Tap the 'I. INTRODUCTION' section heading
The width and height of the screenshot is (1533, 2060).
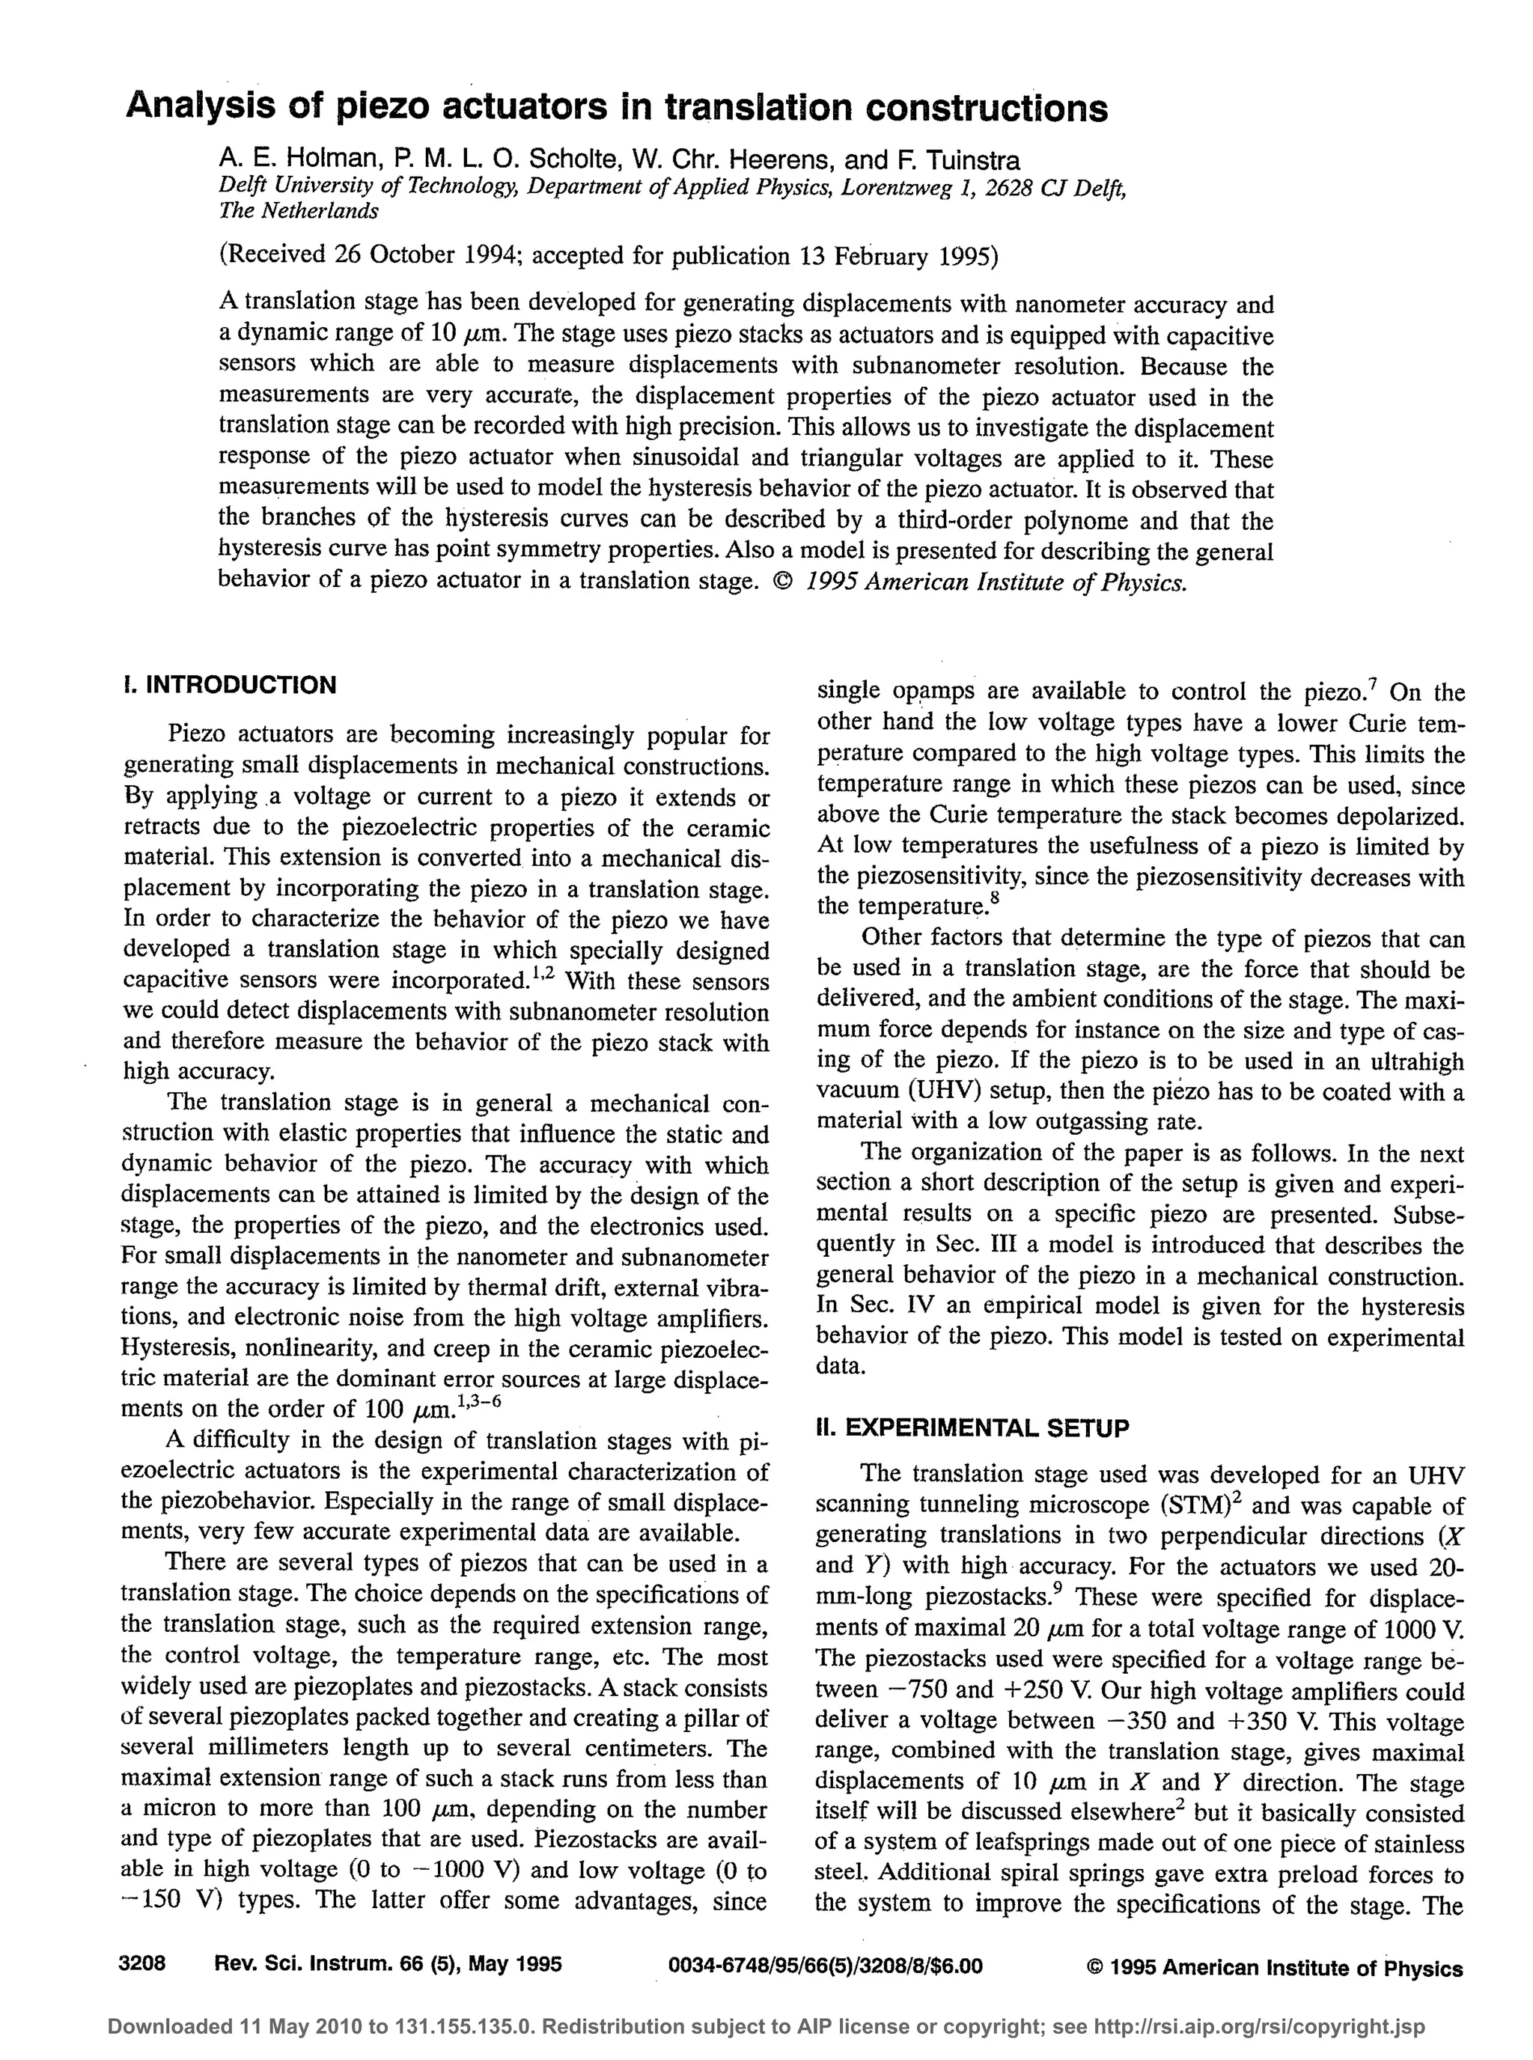click(229, 685)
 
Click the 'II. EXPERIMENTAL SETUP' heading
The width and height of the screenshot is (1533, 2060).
click(972, 1427)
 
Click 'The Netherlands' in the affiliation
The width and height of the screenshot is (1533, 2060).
click(298, 210)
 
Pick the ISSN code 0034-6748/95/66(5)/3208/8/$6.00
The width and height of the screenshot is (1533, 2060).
click(825, 1966)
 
